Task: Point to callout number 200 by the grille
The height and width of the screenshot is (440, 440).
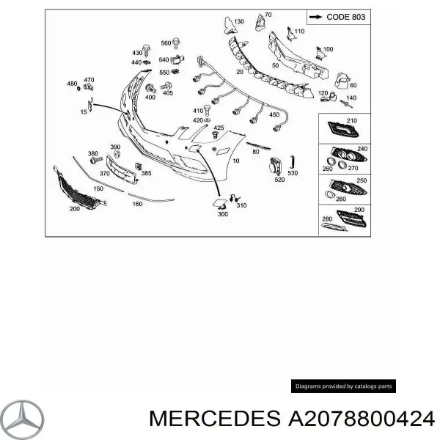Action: (74, 209)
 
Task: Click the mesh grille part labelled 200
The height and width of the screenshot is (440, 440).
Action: (76, 187)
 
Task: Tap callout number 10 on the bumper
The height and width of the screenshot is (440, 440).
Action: (235, 160)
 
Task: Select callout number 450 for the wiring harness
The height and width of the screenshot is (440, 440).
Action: (274, 115)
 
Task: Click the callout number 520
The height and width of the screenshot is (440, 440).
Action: (279, 180)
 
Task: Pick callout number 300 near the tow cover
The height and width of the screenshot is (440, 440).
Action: (223, 214)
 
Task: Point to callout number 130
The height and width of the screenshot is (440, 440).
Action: (238, 22)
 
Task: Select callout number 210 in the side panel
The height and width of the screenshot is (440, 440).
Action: (351, 120)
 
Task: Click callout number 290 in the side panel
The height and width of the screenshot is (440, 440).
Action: (359, 210)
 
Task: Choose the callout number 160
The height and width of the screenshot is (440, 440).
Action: (137, 204)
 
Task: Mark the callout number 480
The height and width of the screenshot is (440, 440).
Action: (72, 84)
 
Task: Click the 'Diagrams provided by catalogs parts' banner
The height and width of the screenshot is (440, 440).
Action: (343, 386)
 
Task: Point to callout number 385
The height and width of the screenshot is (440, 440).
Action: (146, 174)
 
